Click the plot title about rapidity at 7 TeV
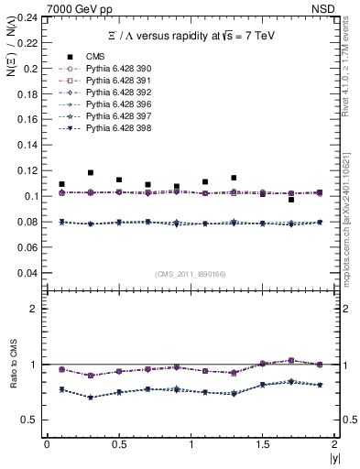point(189,35)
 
